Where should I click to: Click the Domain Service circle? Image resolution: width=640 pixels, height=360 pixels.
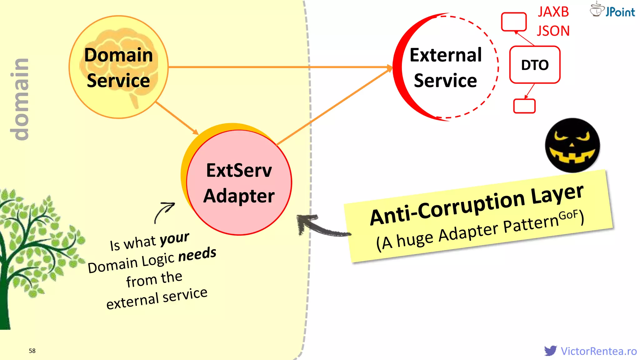coord(118,67)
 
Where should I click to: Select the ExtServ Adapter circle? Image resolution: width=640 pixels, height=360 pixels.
coord(239,183)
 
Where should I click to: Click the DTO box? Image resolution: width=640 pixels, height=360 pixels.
coord(535,65)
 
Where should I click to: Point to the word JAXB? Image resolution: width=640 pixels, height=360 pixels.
coord(553,12)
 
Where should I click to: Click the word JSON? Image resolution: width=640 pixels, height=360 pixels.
coord(553,31)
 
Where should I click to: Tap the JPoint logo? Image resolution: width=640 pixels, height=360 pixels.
coord(612,10)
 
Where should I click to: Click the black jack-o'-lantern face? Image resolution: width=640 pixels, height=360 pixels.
coord(572,145)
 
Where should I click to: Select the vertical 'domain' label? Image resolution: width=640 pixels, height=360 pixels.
coord(20,99)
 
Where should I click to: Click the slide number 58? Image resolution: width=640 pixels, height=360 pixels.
coord(32,351)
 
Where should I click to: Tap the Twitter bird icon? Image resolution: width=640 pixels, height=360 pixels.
coord(550,351)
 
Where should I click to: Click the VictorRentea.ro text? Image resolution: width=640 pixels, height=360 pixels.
coord(599,351)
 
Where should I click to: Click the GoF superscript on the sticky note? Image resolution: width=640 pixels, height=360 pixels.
coord(568,215)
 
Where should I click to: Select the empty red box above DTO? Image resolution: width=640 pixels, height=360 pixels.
coord(514,22)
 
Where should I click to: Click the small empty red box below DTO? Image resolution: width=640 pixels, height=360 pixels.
coord(524,106)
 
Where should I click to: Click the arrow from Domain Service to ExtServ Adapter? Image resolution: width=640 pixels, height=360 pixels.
coord(177,118)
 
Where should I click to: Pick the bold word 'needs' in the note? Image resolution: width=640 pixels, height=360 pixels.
coord(197,254)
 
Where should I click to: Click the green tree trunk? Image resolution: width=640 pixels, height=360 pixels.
coord(5,297)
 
